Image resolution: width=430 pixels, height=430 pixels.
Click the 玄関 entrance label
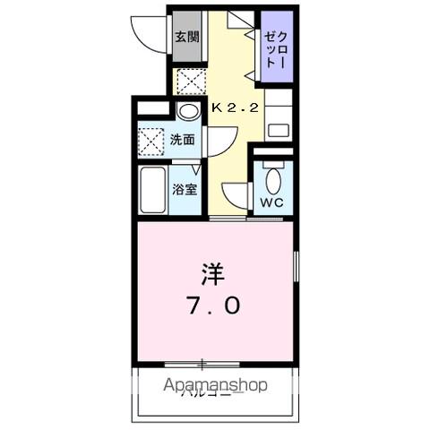(186, 38)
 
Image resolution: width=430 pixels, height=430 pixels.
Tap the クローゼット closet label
(275, 52)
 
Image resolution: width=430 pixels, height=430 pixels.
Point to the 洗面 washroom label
(183, 140)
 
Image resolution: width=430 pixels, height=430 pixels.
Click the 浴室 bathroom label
(185, 189)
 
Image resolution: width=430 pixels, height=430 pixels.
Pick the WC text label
(271, 202)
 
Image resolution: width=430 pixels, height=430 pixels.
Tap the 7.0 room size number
(213, 305)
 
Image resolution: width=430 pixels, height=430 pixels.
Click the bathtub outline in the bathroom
(153, 189)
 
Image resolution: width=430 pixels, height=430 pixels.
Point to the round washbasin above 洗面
(187, 112)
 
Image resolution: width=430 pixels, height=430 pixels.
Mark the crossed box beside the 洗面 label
(150, 141)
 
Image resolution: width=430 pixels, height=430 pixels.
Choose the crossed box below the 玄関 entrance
(189, 80)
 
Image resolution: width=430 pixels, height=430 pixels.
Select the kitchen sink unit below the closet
(279, 119)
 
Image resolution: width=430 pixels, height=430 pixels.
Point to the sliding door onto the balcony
(203, 364)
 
